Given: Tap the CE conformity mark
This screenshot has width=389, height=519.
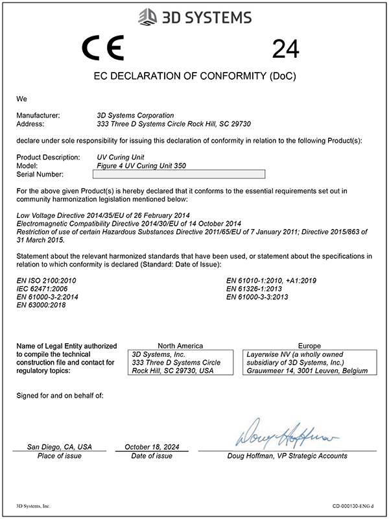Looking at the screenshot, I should (103, 49).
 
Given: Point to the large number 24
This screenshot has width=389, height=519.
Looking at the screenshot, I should (286, 49).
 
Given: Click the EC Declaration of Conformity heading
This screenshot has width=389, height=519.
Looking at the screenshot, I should (194, 77).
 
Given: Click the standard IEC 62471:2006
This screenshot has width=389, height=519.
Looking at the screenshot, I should (41, 288).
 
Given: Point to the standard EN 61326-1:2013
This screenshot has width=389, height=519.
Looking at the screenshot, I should (255, 288).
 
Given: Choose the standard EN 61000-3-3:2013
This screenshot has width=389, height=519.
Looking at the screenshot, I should (257, 296).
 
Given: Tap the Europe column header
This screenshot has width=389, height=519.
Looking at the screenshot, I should (309, 346).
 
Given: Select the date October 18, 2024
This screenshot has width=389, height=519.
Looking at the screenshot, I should (151, 447).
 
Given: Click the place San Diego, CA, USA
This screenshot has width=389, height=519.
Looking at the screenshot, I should (59, 447).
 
